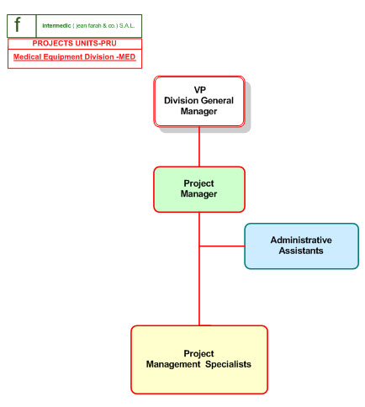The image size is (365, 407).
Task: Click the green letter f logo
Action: coord(18,24)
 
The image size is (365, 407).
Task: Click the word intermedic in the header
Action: coord(56,26)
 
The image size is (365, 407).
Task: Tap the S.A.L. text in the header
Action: coord(127,26)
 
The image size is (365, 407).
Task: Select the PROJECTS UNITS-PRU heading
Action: coord(74,43)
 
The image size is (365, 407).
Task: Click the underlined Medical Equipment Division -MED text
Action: coord(75,57)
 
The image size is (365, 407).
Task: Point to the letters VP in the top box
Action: coord(199,90)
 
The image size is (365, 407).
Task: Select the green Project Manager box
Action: coord(199,189)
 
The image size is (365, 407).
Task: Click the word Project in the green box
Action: coord(198,183)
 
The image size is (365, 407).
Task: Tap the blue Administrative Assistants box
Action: coord(301,246)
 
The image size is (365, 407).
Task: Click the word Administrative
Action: coord(301,240)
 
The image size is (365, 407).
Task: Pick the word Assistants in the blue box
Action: coord(301,251)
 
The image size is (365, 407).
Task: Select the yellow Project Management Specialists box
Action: coord(199,360)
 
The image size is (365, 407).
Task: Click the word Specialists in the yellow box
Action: coord(228,364)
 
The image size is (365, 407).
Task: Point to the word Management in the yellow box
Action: coord(173,364)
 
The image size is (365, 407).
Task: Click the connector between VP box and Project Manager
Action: coord(199,147)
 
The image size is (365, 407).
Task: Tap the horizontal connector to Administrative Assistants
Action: coord(222,246)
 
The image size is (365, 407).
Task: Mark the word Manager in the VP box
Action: coord(198,111)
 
